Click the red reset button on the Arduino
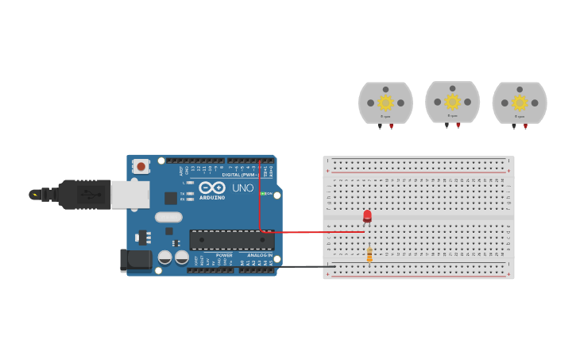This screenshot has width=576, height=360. pos(141,166)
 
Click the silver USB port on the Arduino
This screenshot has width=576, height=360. pos(130,194)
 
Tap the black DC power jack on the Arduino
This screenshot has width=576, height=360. pos(135,260)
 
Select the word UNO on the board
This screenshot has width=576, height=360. pos(242,188)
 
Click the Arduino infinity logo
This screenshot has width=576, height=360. pos(211,188)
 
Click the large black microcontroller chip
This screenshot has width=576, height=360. pos(231,240)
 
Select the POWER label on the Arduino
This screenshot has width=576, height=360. pos(224,255)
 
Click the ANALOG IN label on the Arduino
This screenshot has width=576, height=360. pos(259,255)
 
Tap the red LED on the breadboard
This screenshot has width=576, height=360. pos(367,215)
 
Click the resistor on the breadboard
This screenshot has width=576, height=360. pos(369,254)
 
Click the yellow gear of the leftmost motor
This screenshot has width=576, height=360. pos(385,103)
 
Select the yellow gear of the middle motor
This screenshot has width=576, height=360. pos(452,102)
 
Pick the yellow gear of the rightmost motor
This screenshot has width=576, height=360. pos(520,103)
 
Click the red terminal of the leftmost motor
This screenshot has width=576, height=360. pos(391,126)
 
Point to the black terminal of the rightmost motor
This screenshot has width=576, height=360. pos(514,126)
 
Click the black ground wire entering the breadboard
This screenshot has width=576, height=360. pos(302,266)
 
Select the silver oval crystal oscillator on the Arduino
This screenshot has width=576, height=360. pos(168,217)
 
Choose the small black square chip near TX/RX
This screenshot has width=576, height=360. pos(171,198)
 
